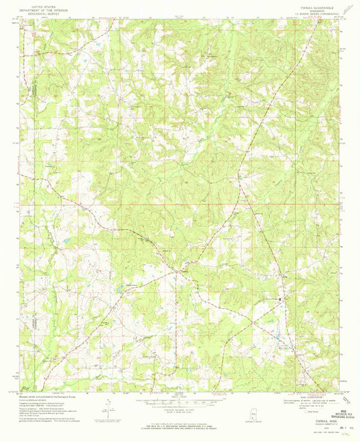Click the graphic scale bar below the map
(180, 398)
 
